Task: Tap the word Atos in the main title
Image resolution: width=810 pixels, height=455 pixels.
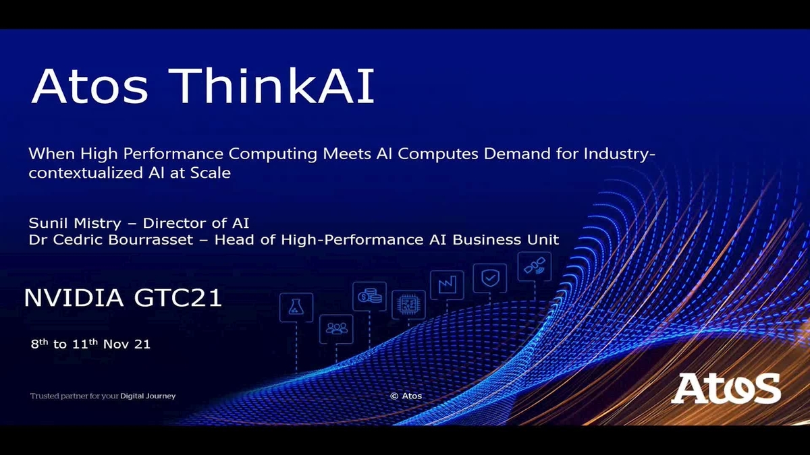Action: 88,86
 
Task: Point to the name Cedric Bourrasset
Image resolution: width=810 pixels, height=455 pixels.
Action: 115,239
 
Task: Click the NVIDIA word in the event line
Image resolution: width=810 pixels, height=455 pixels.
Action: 75,298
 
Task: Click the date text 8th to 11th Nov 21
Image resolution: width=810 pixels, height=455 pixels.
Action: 90,344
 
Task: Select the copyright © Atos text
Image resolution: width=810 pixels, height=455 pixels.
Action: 406,396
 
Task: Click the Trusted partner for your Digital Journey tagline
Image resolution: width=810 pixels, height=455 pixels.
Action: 103,396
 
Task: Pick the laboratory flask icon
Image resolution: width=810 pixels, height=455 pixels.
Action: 296,307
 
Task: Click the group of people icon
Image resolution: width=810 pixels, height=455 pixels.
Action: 335,328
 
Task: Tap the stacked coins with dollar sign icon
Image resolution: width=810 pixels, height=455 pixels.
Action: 369,296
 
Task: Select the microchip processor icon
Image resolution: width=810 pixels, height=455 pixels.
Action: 408,305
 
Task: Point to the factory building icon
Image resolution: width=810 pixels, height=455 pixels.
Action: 447,284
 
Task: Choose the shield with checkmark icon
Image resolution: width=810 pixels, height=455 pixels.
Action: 489,276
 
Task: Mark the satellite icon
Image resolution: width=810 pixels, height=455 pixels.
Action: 534,266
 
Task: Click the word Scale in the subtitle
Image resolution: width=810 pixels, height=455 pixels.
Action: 209,173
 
